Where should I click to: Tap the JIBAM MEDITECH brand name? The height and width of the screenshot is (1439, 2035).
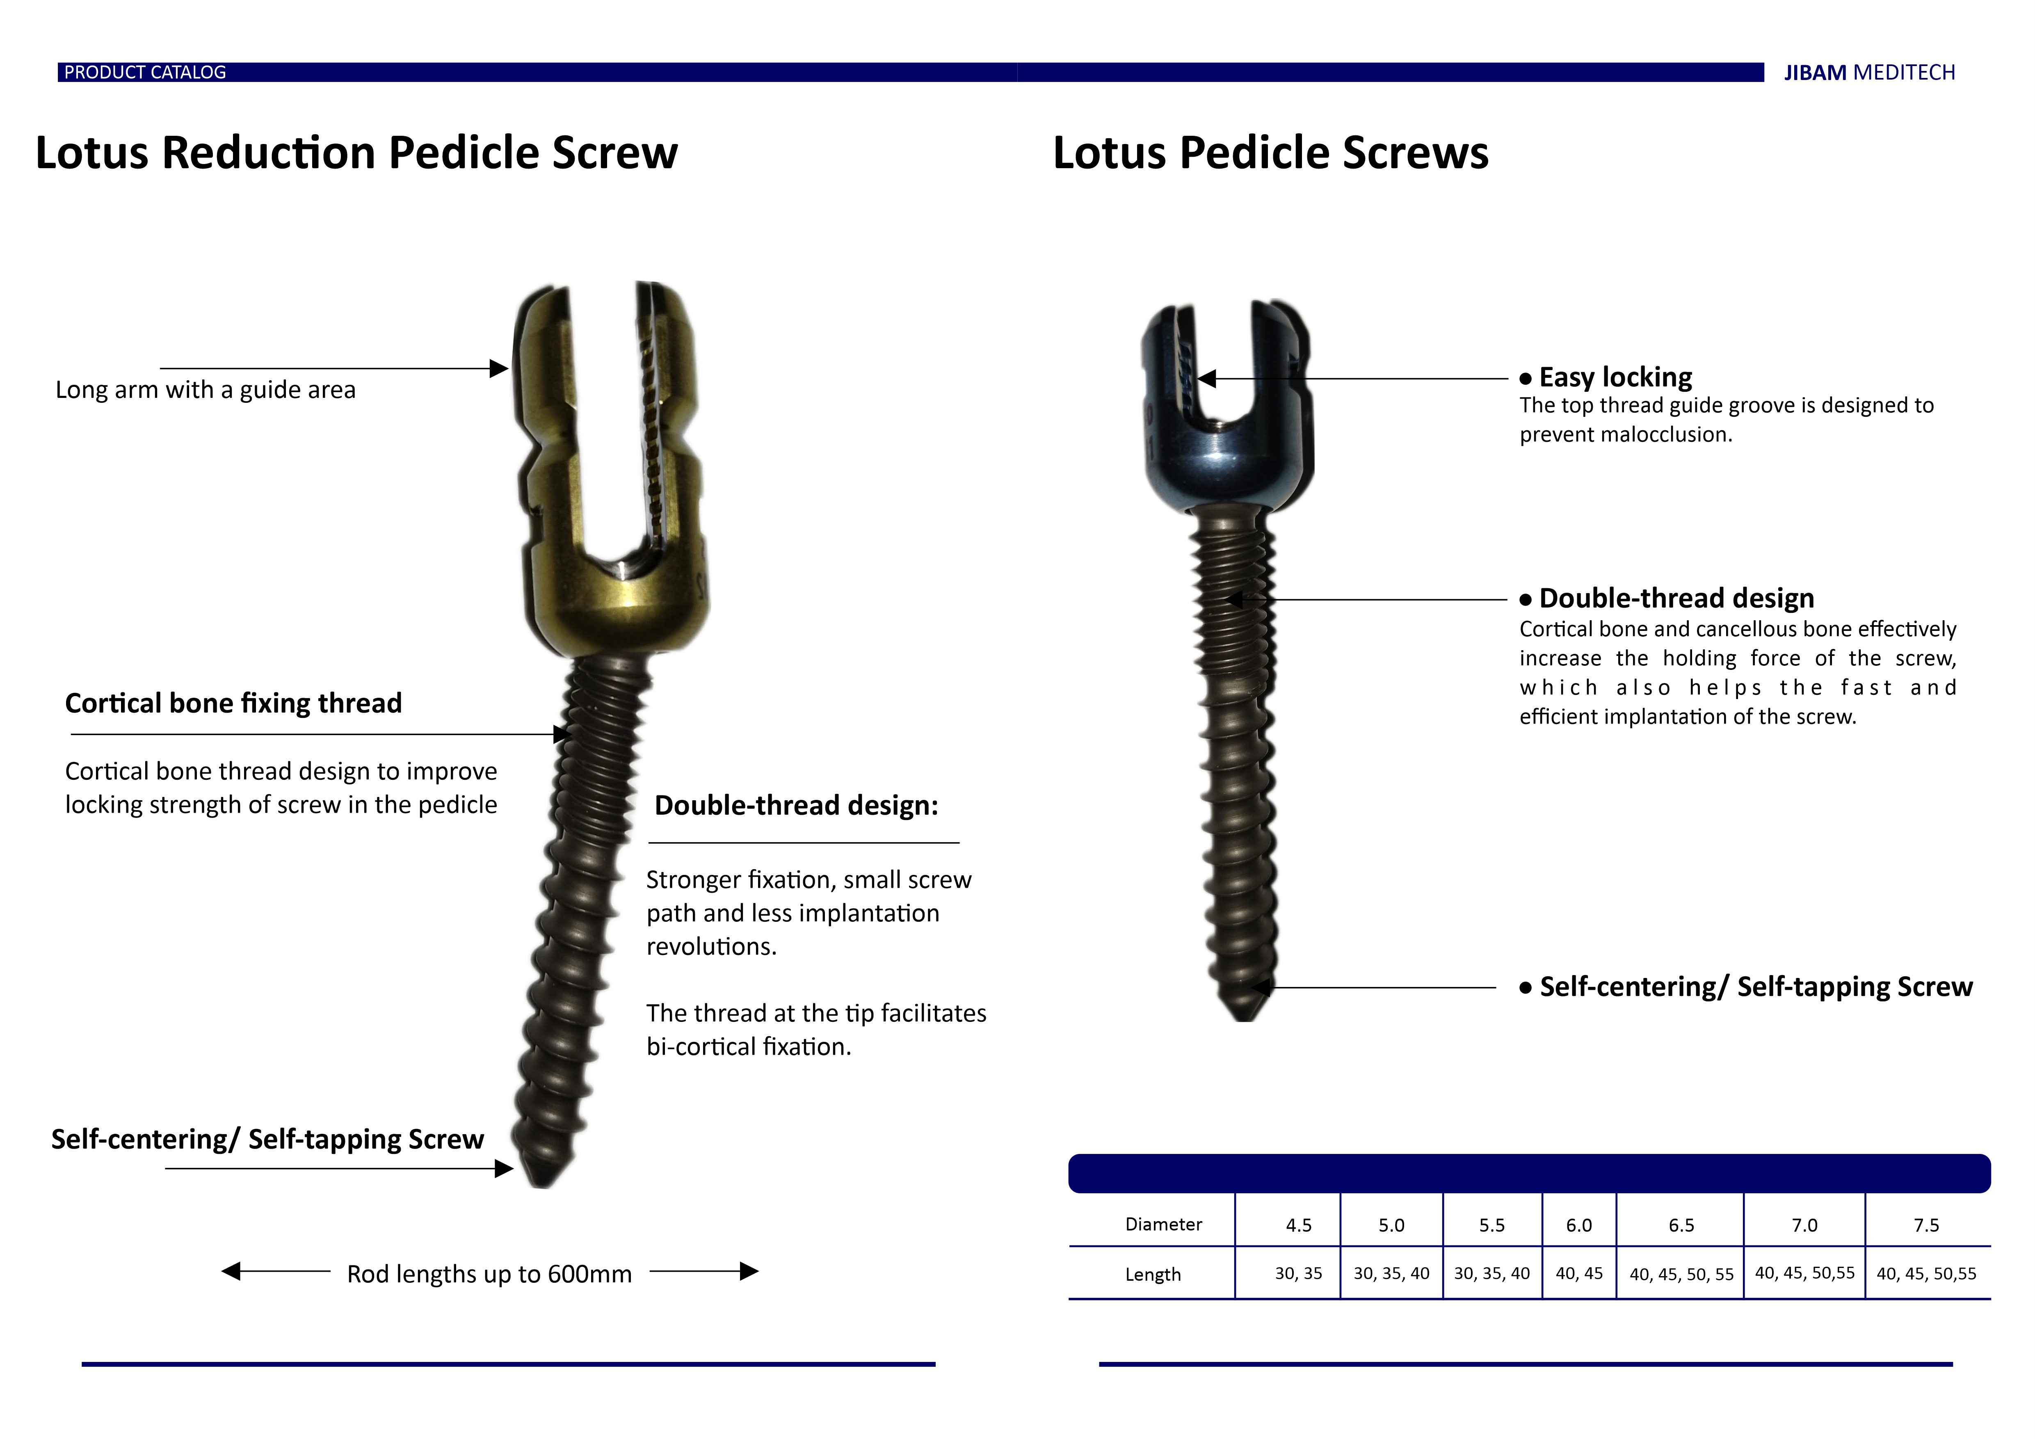(x=1869, y=73)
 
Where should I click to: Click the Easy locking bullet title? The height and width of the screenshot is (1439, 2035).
(x=1615, y=377)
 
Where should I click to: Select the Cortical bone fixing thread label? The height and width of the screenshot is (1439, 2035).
(x=233, y=703)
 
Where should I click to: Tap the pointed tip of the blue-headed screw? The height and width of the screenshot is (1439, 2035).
(x=1245, y=1020)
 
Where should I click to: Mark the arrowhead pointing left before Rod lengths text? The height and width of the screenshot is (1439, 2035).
(x=231, y=1272)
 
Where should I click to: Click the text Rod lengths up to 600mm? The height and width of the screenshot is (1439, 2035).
(x=489, y=1274)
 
